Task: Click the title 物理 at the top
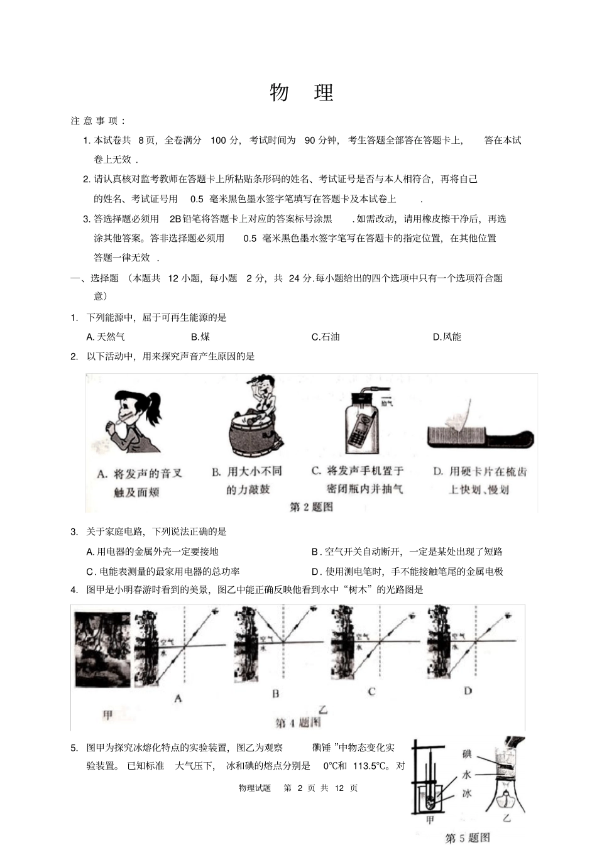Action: (302, 92)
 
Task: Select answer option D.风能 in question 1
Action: (447, 337)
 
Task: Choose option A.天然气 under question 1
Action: (106, 337)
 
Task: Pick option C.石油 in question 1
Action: (326, 337)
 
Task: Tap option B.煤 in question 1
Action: (200, 337)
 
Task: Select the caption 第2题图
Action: (311, 506)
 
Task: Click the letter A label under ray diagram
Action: (178, 698)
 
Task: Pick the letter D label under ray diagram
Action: (468, 690)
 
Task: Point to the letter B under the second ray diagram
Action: (275, 694)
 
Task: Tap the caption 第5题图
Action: (468, 837)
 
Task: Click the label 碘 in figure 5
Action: (466, 754)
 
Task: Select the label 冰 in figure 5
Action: (466, 793)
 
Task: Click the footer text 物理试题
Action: (255, 788)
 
